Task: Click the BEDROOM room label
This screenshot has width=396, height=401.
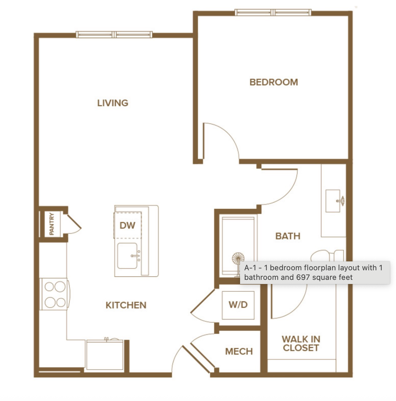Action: (274, 82)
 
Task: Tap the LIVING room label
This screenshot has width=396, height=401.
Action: (113, 103)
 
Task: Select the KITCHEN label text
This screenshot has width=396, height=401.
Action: (126, 305)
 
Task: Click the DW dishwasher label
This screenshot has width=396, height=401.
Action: (127, 225)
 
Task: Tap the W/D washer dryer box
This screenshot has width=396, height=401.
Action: (238, 305)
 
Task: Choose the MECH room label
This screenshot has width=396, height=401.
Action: (239, 351)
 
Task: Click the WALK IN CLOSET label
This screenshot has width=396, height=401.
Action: (301, 344)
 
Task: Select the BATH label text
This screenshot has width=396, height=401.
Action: (288, 236)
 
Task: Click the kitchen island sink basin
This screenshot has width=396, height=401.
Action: (127, 256)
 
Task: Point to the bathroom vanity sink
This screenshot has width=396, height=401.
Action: (333, 201)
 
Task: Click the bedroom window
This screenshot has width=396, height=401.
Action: (273, 12)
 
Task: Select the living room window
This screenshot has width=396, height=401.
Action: (114, 35)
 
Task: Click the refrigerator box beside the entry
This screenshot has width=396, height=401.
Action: (105, 355)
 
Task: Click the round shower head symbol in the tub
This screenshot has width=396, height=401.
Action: (238, 259)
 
